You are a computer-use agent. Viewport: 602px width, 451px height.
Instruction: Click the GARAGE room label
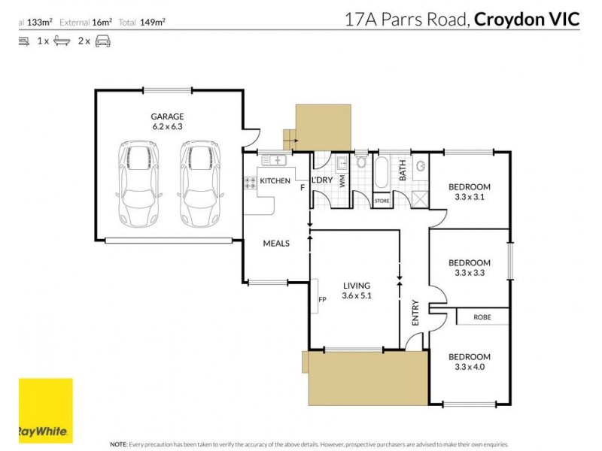(167, 117)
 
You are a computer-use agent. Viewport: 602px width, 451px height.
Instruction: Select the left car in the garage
(138, 184)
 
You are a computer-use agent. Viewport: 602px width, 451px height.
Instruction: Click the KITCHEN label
(275, 180)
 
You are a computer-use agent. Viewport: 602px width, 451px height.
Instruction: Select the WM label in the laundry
(342, 180)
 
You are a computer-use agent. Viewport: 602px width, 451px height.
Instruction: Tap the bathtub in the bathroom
(381, 174)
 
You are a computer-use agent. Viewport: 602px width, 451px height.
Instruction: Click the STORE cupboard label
(382, 201)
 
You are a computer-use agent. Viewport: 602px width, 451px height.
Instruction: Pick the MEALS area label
(276, 244)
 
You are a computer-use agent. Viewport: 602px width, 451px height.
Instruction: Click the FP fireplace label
(321, 299)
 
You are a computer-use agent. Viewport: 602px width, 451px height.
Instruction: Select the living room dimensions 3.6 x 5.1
(357, 296)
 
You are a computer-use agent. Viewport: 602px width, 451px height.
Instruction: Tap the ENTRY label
(415, 312)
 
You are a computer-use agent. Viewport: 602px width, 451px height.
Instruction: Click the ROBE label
(482, 317)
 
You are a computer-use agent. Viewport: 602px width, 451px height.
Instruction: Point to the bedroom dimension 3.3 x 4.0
(470, 367)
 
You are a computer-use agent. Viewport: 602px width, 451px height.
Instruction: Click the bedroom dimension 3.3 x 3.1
(470, 198)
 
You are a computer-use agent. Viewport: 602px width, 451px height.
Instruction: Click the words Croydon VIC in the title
(528, 19)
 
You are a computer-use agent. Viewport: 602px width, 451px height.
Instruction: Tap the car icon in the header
(103, 42)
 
